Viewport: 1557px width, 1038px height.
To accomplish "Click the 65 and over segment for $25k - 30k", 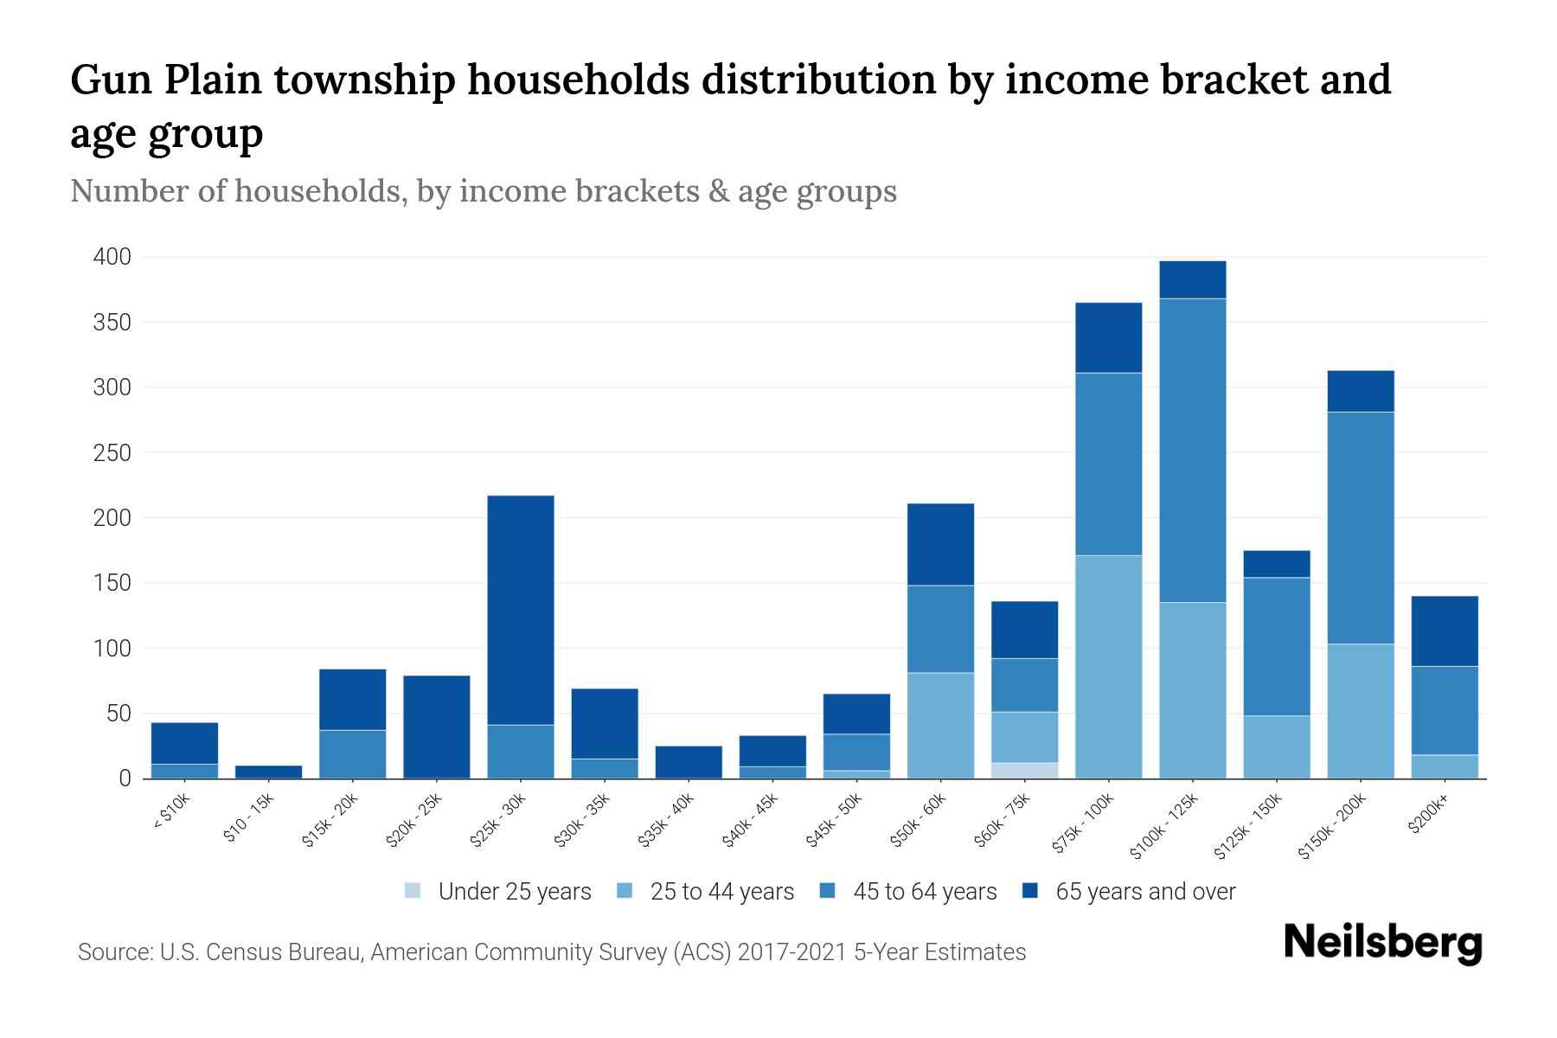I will [521, 610].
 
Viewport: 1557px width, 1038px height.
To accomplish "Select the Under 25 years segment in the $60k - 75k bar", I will [1025, 770].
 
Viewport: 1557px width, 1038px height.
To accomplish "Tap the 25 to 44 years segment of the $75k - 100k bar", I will [1109, 666].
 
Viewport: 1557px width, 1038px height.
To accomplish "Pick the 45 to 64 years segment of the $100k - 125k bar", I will [1193, 450].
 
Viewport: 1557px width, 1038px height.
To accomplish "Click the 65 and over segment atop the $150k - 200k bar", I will [1361, 391].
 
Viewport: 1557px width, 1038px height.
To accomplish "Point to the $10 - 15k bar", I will [268, 772].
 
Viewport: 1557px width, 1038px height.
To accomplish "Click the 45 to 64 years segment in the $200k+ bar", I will [1445, 710].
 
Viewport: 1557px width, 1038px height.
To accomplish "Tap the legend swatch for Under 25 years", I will [413, 891].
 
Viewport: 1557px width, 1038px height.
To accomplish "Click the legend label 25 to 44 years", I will [721, 892].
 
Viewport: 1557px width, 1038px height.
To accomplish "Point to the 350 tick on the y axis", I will [112, 323].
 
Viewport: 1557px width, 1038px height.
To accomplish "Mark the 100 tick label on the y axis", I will [112, 649].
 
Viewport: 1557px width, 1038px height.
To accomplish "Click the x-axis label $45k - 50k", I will [833, 820].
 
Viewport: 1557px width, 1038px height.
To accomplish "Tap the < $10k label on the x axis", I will [171, 812].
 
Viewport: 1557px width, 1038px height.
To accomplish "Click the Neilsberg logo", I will [1382, 943].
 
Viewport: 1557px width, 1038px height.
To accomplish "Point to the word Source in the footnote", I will [114, 952].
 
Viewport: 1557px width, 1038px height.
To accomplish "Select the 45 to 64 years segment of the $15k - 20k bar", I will [353, 754].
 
